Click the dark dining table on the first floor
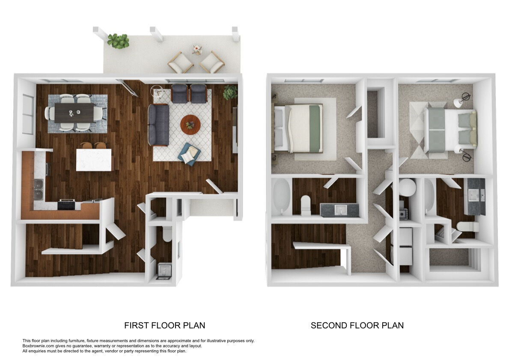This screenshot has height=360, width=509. [74, 113]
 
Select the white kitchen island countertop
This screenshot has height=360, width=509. [94, 160]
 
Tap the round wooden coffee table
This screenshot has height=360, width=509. [190, 124]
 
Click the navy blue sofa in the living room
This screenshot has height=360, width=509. [159, 124]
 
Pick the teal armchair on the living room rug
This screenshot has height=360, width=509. [189, 154]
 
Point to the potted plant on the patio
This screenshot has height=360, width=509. [118, 41]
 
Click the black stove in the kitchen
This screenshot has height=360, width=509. [66, 205]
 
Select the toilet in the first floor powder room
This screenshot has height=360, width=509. [167, 233]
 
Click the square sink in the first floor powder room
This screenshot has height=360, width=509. [164, 270]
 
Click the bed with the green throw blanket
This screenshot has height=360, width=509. [300, 128]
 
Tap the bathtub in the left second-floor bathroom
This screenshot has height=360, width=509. [281, 197]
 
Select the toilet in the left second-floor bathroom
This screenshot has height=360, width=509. [307, 205]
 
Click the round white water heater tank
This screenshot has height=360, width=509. [407, 187]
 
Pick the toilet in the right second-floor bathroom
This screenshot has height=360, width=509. [466, 226]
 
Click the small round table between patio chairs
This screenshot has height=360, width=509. [197, 49]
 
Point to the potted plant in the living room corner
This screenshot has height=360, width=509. [230, 92]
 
